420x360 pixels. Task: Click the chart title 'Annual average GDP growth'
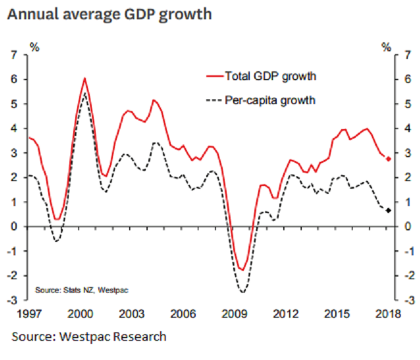click(109, 13)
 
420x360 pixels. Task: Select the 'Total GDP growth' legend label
click(270, 76)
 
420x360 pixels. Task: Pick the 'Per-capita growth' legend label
click(270, 100)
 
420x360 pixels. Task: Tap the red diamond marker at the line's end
click(389, 159)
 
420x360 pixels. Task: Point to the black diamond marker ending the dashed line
click(389, 210)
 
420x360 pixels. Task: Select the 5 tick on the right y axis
click(405, 104)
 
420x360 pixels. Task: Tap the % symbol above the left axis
click(35, 47)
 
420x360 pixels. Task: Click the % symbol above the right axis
click(386, 47)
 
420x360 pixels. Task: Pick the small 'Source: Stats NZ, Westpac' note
click(82, 291)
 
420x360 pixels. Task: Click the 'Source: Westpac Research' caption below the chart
click(89, 336)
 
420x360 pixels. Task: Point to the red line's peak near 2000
click(85, 78)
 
